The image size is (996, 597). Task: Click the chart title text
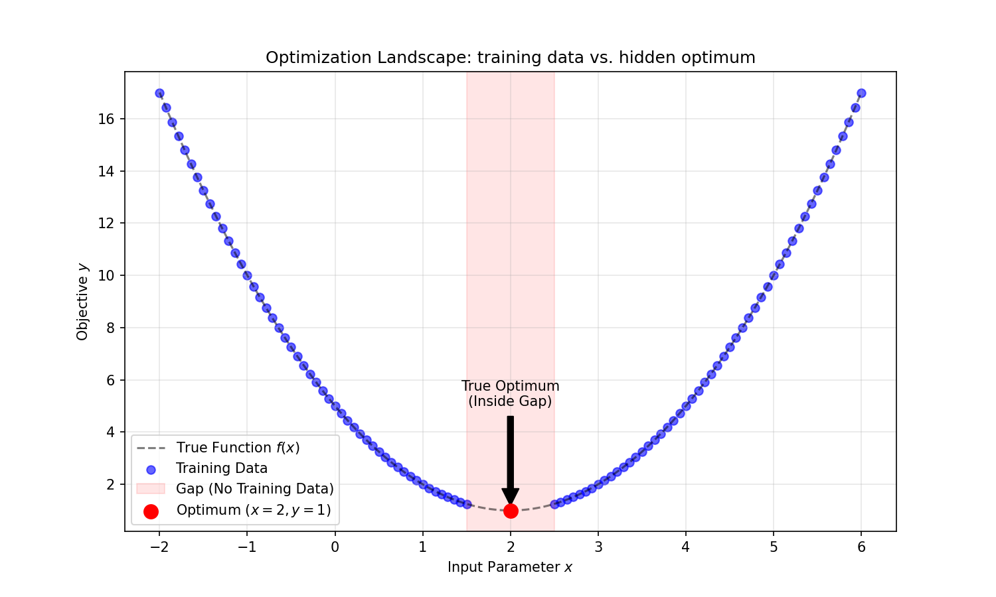(x=510, y=58)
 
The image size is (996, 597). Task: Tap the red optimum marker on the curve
(x=511, y=511)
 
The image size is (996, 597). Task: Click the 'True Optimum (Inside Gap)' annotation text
(x=510, y=393)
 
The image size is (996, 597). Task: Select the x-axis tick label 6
(x=861, y=547)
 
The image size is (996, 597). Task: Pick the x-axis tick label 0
(x=335, y=547)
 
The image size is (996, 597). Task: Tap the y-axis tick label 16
(x=106, y=119)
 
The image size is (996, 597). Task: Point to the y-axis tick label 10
(x=106, y=276)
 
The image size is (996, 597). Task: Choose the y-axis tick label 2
(x=110, y=485)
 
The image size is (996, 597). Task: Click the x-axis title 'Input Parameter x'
(x=510, y=567)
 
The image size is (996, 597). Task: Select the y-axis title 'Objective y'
(x=82, y=302)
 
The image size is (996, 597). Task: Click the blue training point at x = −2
(x=159, y=94)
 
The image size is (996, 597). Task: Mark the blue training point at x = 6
(x=861, y=94)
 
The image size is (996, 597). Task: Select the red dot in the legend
(x=151, y=511)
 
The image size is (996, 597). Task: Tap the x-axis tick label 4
(x=686, y=547)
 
